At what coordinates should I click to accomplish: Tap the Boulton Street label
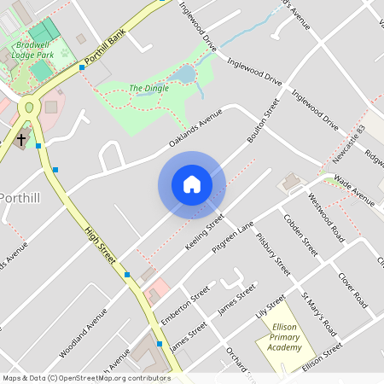264,119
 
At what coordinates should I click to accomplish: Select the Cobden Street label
300,235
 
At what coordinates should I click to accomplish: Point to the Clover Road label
352,290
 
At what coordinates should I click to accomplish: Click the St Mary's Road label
318,313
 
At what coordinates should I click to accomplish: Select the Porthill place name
25,197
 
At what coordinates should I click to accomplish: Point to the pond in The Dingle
183,77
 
